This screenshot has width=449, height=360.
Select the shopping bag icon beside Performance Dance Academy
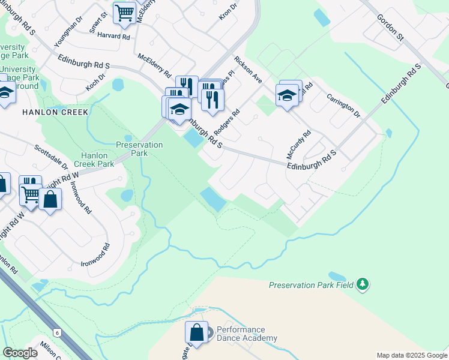196,332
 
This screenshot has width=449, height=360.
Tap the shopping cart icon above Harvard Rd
124,11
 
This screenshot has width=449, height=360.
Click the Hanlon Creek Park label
94,159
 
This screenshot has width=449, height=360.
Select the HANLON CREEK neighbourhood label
55,112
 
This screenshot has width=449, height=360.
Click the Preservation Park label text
139,149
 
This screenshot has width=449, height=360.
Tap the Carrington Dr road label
343,105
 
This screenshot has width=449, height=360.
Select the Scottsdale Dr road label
51,156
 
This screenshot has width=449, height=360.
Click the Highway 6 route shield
56,332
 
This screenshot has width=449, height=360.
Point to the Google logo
20,353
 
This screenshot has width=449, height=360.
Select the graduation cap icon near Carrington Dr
288,95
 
